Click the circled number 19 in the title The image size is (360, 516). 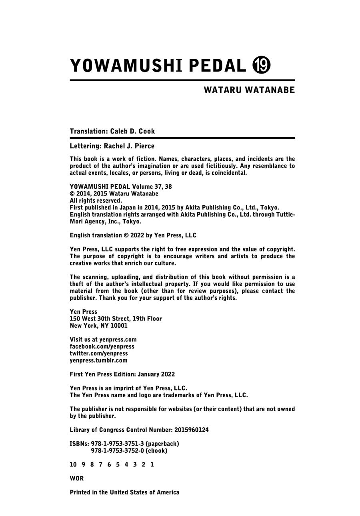(x=262, y=65)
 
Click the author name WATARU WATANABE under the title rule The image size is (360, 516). (x=249, y=90)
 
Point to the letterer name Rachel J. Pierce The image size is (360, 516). (x=129, y=146)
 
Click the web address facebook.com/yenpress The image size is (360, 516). (x=102, y=347)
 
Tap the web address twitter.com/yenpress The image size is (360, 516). (x=99, y=353)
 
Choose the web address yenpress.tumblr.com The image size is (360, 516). (x=98, y=360)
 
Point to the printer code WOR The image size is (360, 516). (x=77, y=478)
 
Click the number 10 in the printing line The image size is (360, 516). (x=73, y=464)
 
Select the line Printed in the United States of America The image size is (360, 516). (x=124, y=492)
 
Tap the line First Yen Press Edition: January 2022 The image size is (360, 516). (x=122, y=374)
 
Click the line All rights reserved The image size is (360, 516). (x=96, y=201)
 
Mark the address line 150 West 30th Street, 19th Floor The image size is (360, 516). (x=116, y=319)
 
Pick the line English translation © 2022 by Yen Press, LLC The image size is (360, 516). (x=133, y=235)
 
